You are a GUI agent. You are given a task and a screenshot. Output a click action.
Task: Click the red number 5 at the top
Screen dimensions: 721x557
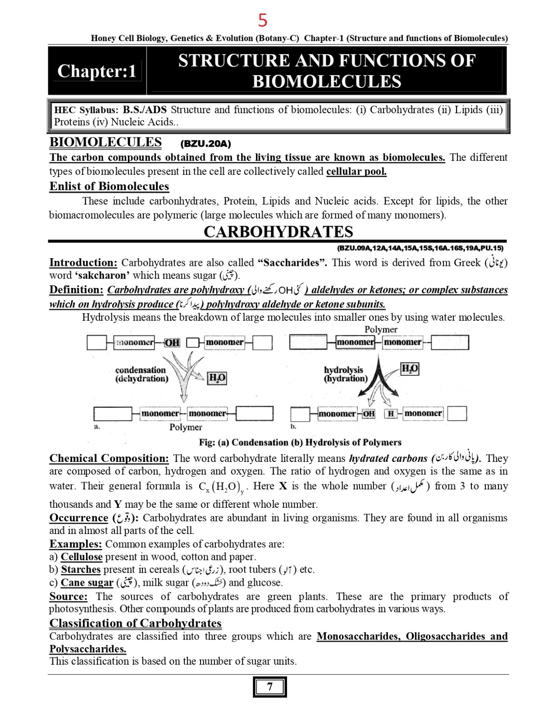tap(263, 21)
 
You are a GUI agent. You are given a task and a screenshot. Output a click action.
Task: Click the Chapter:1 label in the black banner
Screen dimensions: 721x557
tap(97, 71)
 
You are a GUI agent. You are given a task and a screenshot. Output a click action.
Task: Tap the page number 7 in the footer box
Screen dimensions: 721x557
tap(269, 687)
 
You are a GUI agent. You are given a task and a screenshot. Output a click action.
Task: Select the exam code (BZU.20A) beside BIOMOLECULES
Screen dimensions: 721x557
tap(205, 144)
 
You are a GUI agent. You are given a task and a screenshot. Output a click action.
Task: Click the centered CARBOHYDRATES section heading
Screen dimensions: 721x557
tap(278, 232)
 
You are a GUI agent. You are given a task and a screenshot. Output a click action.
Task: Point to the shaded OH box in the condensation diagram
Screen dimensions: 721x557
tap(172, 342)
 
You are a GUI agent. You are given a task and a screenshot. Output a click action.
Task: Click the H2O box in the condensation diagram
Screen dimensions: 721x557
tap(217, 378)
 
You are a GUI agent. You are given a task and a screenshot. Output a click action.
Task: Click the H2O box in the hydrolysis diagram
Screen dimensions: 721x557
tap(410, 369)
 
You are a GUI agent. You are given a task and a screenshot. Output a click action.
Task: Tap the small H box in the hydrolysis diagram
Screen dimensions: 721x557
tap(391, 413)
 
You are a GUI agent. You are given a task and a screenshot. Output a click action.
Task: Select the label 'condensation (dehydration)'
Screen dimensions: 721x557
tap(142, 374)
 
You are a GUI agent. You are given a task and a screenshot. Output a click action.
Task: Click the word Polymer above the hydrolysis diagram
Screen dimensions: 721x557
tap(381, 329)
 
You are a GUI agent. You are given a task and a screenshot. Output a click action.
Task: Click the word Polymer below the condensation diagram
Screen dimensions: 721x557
tap(186, 427)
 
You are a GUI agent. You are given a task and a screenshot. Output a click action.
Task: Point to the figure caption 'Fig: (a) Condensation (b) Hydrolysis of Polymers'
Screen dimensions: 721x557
tap(300, 442)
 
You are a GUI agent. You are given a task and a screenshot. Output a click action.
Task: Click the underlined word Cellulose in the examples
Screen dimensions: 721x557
tap(82, 557)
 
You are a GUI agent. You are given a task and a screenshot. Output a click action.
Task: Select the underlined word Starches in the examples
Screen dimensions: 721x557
tap(81, 569)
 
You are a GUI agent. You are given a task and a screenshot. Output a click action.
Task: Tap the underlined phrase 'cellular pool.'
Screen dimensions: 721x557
tap(356, 171)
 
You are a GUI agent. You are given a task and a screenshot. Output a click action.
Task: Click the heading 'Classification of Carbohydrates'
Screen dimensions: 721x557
tap(135, 623)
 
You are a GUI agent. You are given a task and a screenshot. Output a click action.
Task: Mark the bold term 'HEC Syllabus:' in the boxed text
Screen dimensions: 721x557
tap(86, 110)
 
